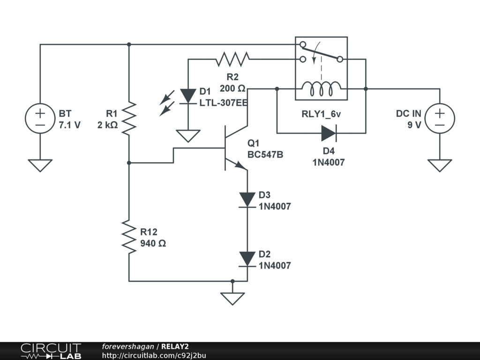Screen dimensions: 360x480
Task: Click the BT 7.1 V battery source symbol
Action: (40, 118)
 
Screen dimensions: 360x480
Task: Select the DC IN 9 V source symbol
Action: (440, 118)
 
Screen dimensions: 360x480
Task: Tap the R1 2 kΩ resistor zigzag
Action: (129, 119)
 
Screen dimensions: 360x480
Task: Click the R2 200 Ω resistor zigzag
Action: (232, 59)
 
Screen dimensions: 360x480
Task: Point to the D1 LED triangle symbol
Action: (188, 96)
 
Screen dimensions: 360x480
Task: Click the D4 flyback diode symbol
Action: (329, 133)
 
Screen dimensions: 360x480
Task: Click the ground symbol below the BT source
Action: (40, 165)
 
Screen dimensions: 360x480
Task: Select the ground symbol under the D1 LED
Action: (188, 136)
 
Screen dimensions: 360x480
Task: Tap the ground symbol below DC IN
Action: (440, 165)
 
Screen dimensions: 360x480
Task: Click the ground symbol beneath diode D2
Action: (232, 298)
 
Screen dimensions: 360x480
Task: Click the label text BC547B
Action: (265, 155)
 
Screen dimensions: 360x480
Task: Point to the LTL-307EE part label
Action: (223, 103)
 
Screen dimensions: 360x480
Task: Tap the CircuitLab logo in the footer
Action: (51, 351)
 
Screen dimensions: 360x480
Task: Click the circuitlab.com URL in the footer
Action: (154, 355)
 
